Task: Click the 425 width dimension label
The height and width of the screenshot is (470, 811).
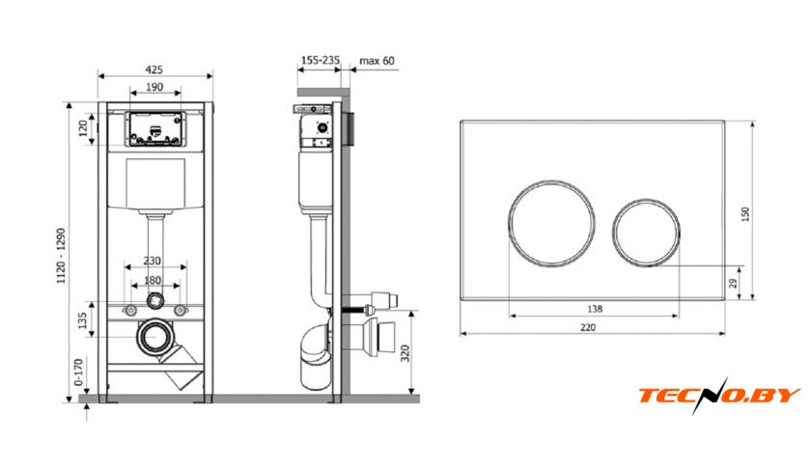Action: coord(154,69)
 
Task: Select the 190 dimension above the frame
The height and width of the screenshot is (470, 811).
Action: coord(154,87)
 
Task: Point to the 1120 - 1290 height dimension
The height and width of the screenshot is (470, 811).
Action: coord(62,256)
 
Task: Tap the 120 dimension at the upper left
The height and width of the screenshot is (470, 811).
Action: coord(83,128)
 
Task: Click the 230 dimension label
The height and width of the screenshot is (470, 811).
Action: coord(153,261)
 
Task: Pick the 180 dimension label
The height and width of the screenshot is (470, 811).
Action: coord(153,280)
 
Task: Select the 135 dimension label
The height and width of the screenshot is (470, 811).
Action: coord(82,320)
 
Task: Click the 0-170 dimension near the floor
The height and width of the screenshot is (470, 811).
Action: coord(78,373)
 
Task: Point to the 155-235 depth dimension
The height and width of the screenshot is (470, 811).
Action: coord(321,61)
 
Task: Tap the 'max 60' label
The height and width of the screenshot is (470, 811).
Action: coord(377,61)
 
